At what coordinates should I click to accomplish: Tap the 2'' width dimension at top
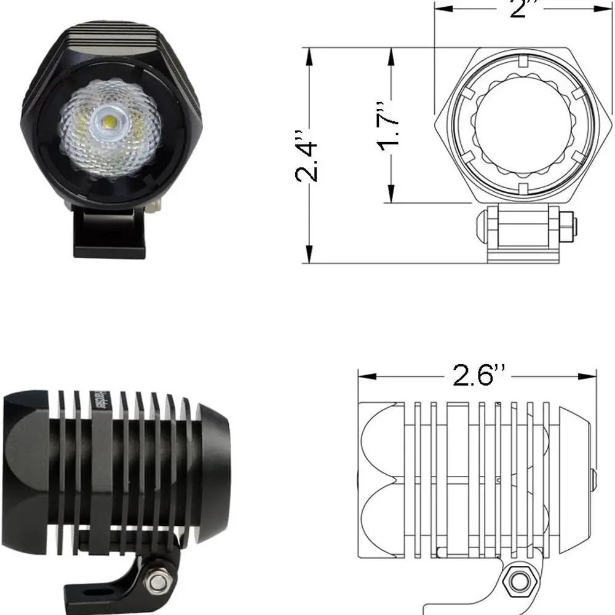520,7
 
